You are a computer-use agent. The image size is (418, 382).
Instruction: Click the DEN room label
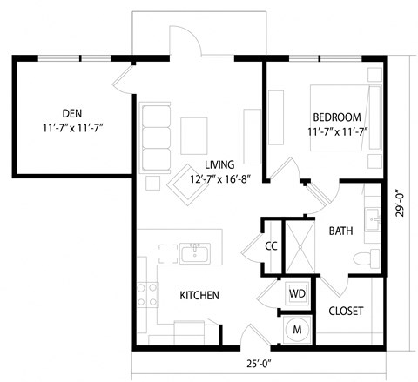tap(71, 114)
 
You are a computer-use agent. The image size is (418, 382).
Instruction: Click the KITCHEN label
tap(199, 296)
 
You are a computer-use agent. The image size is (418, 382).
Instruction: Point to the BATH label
tap(340, 232)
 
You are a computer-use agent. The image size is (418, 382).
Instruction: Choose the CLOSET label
tap(346, 311)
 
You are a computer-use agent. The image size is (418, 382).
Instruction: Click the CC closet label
tap(271, 247)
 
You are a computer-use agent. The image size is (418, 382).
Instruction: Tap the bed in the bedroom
tap(344, 117)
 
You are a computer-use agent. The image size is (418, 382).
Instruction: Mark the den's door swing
tap(122, 78)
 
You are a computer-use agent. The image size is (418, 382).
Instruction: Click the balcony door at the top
tap(185, 39)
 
